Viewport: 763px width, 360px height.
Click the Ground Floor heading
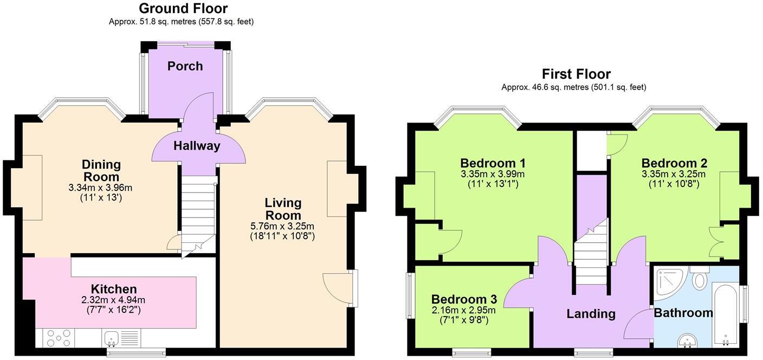[183, 9]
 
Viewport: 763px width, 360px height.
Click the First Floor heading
[576, 74]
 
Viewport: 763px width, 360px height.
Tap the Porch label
[185, 66]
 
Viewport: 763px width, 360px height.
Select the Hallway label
[197, 146]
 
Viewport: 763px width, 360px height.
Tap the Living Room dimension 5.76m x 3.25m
[282, 226]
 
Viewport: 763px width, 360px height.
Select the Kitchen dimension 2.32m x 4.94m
[113, 300]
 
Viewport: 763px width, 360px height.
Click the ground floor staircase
[198, 214]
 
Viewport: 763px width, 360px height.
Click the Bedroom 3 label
[464, 299]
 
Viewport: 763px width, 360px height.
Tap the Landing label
[591, 313]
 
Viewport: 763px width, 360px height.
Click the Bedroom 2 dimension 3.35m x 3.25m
[674, 174]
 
